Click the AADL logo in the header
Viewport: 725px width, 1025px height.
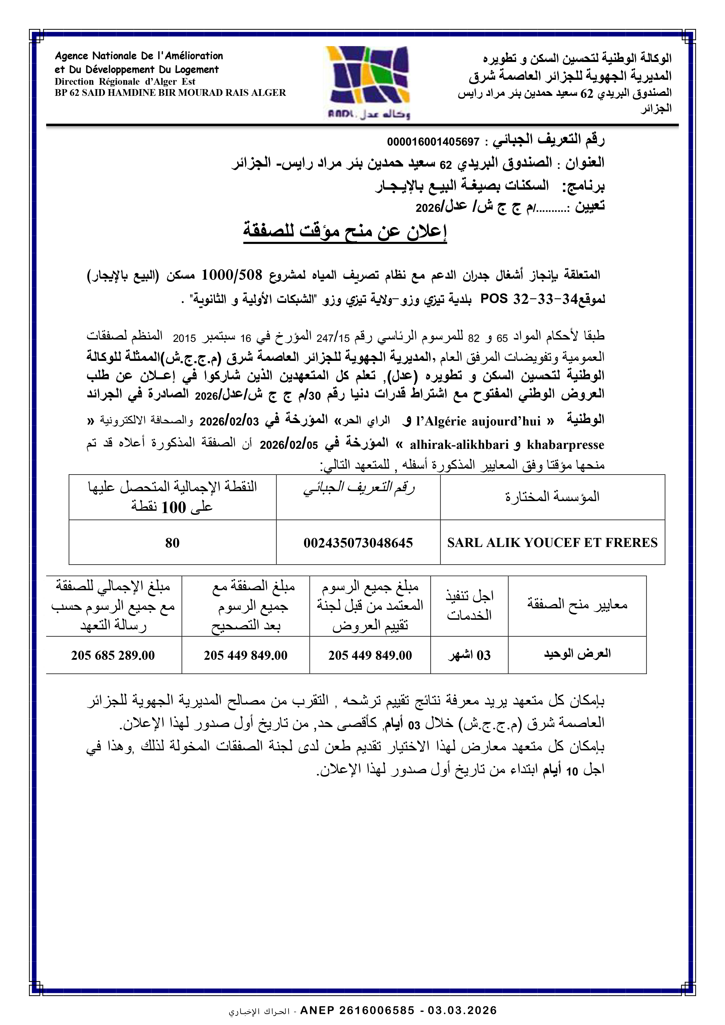[367, 83]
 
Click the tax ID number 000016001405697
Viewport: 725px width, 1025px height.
[433, 142]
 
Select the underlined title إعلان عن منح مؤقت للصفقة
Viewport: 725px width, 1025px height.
[345, 231]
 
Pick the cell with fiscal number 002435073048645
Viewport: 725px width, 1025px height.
[358, 543]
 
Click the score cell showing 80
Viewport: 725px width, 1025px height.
[172, 543]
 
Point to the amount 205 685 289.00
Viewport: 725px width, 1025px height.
[113, 655]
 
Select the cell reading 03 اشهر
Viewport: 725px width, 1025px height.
[469, 655]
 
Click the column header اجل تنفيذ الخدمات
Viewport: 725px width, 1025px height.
[469, 605]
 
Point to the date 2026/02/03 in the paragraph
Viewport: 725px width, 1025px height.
[229, 421]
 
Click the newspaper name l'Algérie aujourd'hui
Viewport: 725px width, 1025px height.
[478, 421]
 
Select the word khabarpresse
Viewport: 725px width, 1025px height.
[565, 445]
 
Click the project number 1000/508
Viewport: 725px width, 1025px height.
[232, 275]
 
